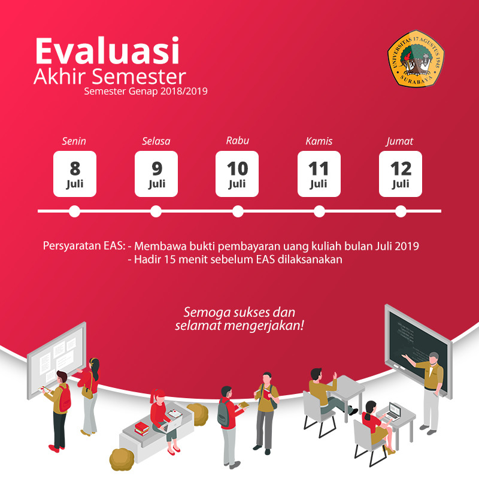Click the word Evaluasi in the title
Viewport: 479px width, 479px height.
coord(107,51)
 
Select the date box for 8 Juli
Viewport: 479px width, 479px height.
coord(75,174)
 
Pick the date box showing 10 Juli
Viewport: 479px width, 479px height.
coord(237,174)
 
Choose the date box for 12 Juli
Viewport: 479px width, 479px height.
coord(401,174)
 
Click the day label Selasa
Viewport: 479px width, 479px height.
coord(156,142)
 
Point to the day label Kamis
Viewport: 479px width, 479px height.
coord(319,142)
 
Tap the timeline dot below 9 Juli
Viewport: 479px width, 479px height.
coord(156,211)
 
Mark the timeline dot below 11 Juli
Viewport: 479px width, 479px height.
coord(319,211)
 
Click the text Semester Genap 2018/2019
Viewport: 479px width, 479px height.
coord(146,92)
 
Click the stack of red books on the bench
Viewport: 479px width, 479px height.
coord(142,428)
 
